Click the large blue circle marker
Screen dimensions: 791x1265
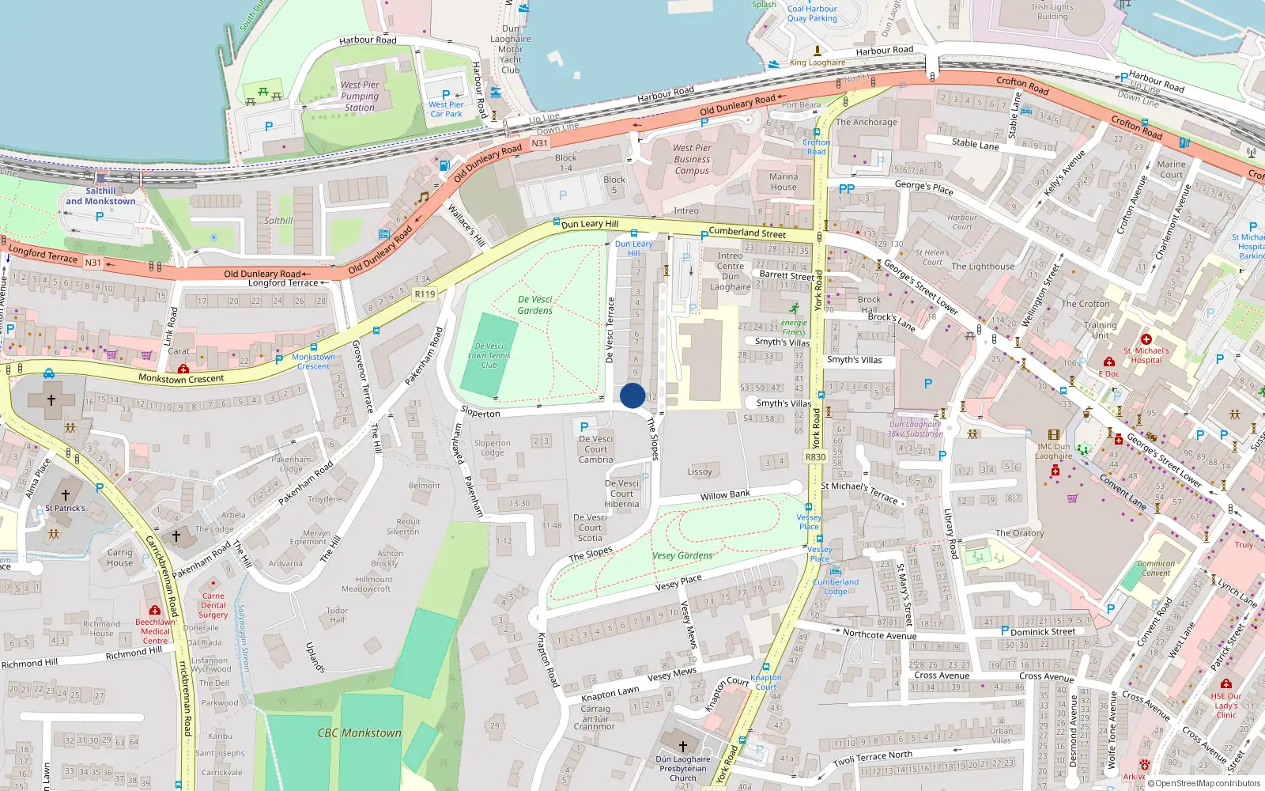tap(632, 395)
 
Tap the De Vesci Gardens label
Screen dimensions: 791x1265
tap(535, 305)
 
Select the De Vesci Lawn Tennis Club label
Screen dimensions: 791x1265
tap(489, 355)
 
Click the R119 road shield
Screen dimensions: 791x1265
tap(425, 294)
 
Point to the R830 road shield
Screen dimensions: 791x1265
tap(815, 456)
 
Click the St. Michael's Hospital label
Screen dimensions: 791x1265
tap(1146, 355)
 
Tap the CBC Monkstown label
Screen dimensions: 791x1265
tap(360, 733)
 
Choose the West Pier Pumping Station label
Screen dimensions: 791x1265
tap(360, 96)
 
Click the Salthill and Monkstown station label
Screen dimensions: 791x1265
tap(100, 196)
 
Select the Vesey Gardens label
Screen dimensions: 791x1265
tap(682, 555)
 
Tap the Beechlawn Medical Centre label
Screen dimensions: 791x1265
tap(155, 631)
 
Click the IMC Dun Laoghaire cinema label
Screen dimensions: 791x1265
tap(1054, 451)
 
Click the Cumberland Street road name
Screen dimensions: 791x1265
tap(747, 233)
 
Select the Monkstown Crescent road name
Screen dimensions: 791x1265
tap(181, 378)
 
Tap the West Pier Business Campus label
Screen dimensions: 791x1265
tap(692, 159)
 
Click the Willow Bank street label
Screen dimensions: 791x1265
tap(725, 495)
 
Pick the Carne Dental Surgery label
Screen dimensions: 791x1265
tap(213, 605)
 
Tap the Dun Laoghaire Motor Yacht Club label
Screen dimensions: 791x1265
tap(511, 49)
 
